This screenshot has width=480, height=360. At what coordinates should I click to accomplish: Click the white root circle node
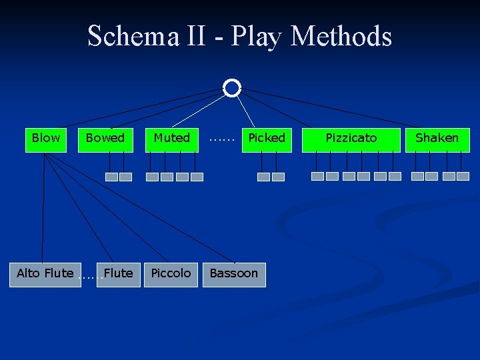click(231, 88)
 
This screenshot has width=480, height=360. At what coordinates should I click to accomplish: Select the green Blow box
click(46, 139)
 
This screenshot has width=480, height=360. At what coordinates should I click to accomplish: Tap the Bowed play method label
click(105, 138)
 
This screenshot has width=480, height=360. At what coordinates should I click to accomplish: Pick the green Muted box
click(172, 139)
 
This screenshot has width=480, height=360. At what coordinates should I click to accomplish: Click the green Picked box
click(267, 139)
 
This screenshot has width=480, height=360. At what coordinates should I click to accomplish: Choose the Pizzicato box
click(351, 139)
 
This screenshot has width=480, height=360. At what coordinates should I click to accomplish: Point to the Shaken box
click(437, 139)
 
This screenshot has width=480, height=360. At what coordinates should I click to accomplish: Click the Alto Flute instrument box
click(45, 274)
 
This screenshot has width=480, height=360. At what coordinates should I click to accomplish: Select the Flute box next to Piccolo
click(119, 274)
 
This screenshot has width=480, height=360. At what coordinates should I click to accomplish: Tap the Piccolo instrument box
click(171, 274)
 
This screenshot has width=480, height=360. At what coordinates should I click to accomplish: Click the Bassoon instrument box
click(233, 274)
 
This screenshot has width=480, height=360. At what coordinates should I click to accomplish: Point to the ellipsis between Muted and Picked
click(221, 139)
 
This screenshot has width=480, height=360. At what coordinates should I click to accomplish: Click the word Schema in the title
click(133, 36)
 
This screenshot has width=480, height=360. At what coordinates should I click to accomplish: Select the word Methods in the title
click(341, 36)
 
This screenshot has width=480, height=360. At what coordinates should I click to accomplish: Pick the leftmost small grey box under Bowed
click(111, 177)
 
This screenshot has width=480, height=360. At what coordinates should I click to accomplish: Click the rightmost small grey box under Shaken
click(463, 177)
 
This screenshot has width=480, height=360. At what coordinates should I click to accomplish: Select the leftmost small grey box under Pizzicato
click(318, 177)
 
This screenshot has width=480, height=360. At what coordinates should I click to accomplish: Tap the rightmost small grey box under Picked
click(278, 177)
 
